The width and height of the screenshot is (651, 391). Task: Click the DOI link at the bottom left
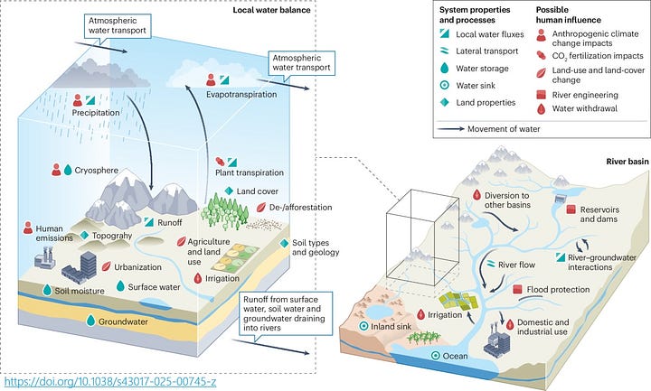(x=110, y=381)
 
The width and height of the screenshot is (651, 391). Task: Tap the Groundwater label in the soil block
(x=123, y=321)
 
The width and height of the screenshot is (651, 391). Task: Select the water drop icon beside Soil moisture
(x=47, y=290)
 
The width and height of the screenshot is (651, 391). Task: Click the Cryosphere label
(x=97, y=170)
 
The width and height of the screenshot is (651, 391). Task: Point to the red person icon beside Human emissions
(x=28, y=228)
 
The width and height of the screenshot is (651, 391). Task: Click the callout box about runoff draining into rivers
(x=286, y=313)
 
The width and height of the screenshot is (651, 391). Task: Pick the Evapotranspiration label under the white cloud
(x=241, y=94)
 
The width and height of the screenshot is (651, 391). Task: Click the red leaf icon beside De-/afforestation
(x=261, y=207)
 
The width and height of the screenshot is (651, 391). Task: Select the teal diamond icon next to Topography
(x=84, y=235)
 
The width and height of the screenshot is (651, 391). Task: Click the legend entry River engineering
(x=585, y=95)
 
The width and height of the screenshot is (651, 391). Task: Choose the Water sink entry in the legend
(x=476, y=86)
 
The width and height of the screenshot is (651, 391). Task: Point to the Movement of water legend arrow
(x=451, y=129)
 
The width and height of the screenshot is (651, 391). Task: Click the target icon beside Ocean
(x=435, y=356)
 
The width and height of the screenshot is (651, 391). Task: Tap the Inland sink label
(x=391, y=326)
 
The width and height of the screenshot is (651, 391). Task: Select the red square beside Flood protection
(x=517, y=289)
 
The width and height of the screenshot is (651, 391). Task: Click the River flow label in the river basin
(x=516, y=265)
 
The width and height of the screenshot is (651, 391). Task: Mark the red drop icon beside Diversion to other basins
(x=476, y=195)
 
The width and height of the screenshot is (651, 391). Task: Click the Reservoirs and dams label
(x=599, y=214)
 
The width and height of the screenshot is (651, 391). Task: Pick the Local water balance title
(x=271, y=10)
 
